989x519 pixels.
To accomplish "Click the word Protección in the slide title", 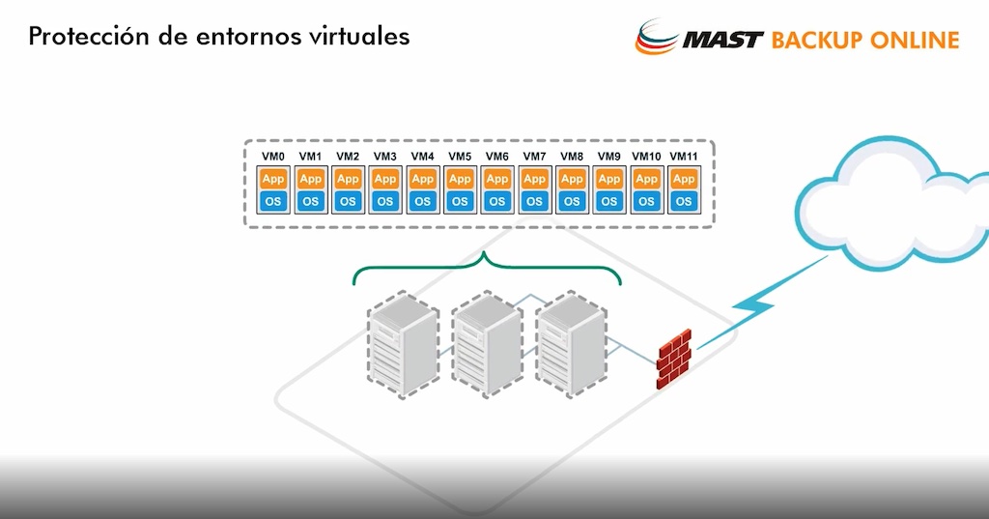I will point(80,37).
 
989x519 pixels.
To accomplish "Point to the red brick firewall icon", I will point(674,359).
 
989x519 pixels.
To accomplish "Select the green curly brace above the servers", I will point(486,268).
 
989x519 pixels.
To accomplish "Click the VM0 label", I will point(273,157).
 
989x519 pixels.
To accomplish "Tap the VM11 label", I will point(684,157).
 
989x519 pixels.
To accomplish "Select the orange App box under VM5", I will point(460,179).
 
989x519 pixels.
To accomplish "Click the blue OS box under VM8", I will point(572,201).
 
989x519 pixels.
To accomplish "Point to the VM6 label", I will point(497,157).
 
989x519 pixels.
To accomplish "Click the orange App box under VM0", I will point(273,179).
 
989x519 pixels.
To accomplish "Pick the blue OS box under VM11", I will point(684,201).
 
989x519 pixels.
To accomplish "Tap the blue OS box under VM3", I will point(385,201).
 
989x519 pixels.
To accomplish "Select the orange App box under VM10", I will point(646,179).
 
